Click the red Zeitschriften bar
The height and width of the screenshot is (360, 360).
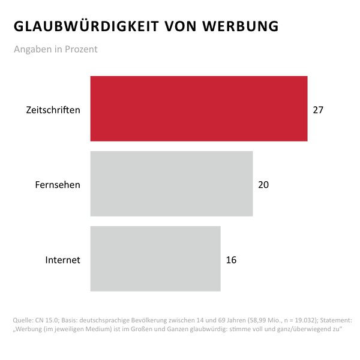(199, 109)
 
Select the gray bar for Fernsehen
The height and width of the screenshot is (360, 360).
(172, 184)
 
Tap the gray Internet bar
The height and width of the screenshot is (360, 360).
(155, 259)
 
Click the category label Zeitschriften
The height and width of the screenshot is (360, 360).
(53, 110)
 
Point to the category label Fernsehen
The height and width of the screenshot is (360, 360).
(58, 185)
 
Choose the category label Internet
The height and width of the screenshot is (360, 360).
(63, 260)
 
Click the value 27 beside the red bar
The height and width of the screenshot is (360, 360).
(318, 110)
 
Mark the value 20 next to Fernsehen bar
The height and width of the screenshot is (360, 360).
(263, 185)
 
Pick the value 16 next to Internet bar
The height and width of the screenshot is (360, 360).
(231, 260)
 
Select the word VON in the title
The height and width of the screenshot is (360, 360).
(181, 27)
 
